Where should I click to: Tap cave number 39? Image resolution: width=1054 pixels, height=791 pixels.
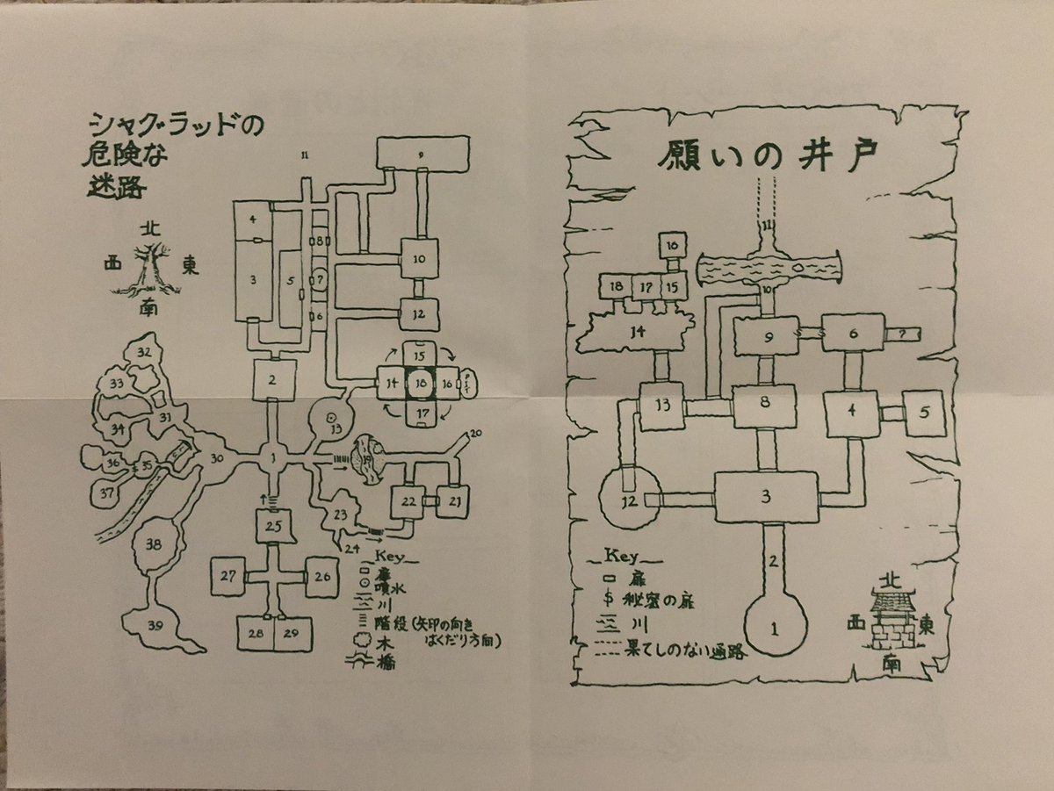pos(155,625)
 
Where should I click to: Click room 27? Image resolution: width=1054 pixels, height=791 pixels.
pos(228,576)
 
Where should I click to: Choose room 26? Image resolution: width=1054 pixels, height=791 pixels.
pos(321,576)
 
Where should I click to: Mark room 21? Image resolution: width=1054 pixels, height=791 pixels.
pos(454,500)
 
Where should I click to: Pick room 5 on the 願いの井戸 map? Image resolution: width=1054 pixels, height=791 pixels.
pos(925,413)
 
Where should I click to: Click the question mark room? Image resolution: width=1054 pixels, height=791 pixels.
pos(905,334)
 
